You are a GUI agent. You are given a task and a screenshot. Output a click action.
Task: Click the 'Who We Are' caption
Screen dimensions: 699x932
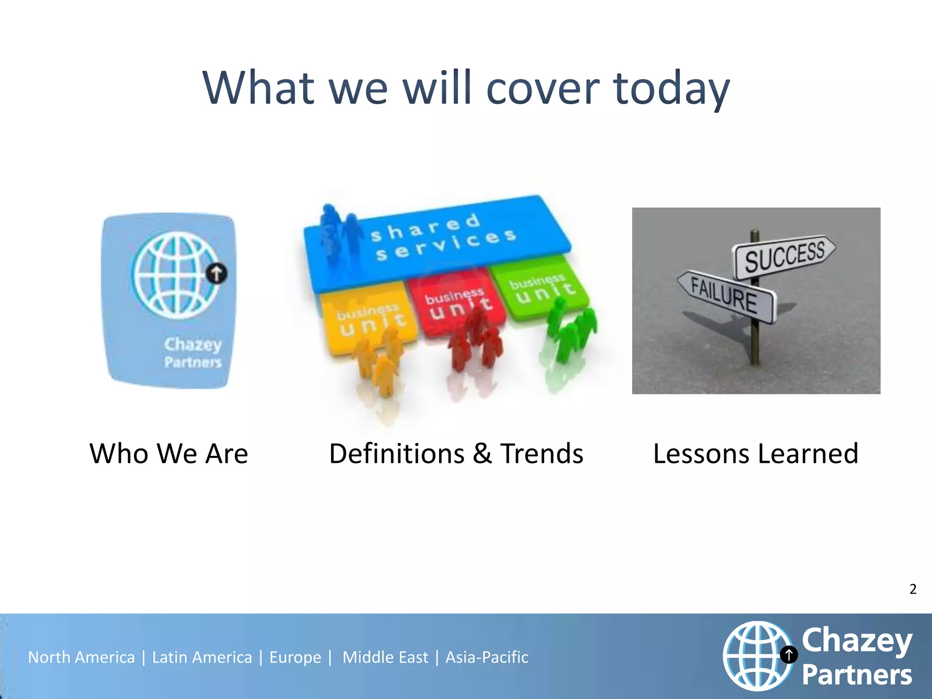pyautogui.click(x=169, y=454)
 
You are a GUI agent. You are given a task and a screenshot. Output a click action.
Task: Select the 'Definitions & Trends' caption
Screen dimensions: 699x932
pyautogui.click(x=456, y=454)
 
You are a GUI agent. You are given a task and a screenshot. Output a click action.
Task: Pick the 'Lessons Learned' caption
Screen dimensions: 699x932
pyautogui.click(x=755, y=454)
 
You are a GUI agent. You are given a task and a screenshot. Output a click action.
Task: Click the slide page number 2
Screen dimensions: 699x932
pyautogui.click(x=913, y=589)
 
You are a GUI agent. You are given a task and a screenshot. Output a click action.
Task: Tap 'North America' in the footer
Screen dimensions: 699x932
pyautogui.click(x=81, y=658)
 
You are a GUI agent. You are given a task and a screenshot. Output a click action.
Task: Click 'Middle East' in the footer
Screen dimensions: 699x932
pyautogui.click(x=385, y=658)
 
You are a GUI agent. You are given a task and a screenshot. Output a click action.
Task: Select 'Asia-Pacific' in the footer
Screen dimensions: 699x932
pyautogui.click(x=487, y=658)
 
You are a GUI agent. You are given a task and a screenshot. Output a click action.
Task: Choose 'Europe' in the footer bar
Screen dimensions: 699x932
pyautogui.click(x=295, y=658)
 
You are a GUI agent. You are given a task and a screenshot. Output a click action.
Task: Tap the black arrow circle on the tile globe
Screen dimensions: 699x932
pyautogui.click(x=217, y=274)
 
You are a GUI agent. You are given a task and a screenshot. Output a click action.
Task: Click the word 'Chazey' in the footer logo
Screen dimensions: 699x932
pyautogui.click(x=857, y=641)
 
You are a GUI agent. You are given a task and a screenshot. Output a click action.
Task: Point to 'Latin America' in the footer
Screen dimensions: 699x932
pyautogui.click(x=202, y=658)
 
